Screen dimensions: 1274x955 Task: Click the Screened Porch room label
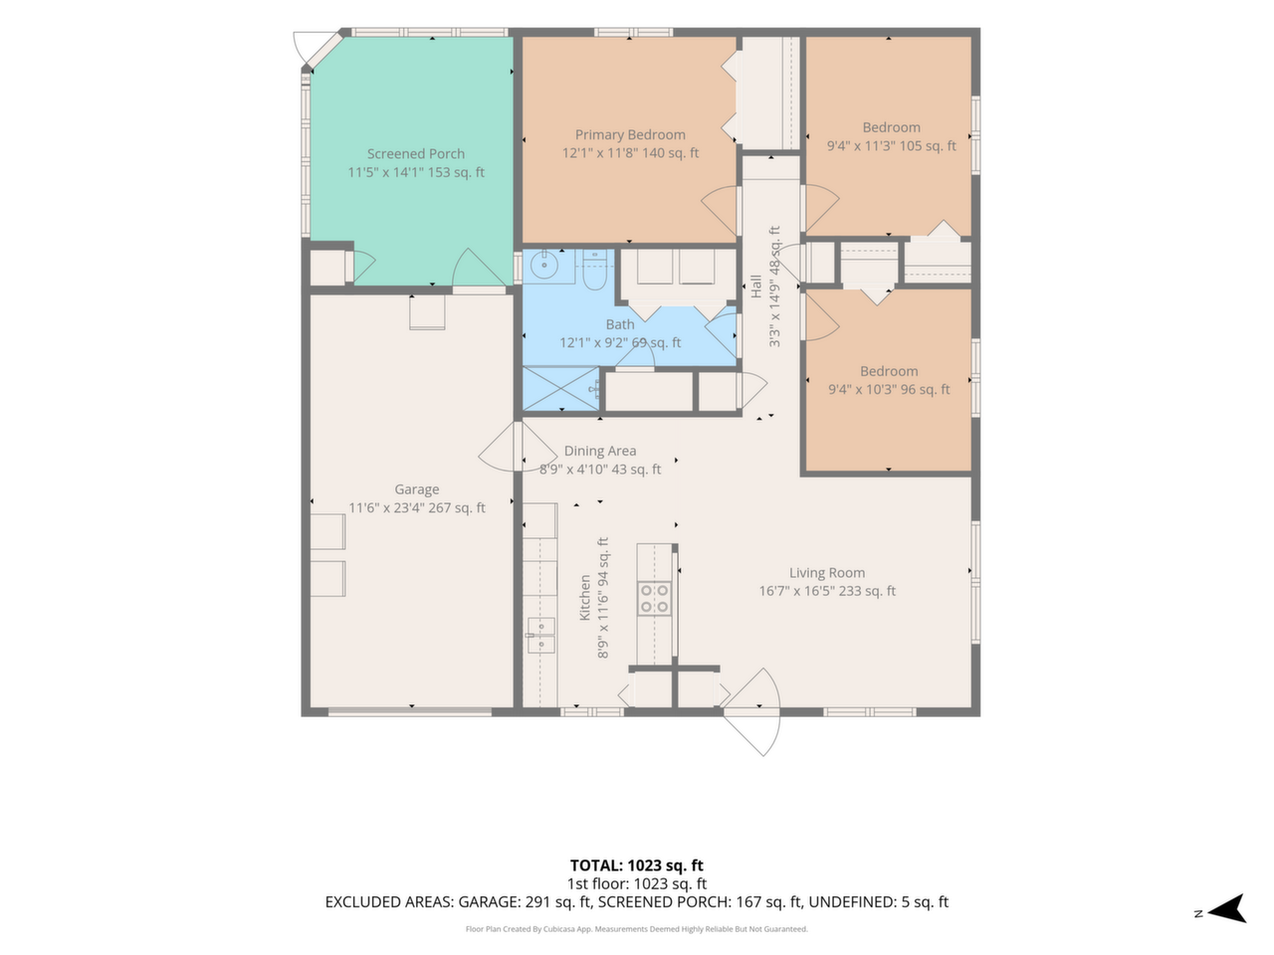point(416,153)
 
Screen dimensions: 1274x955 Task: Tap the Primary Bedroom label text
point(630,134)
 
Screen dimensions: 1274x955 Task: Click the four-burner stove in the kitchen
point(654,599)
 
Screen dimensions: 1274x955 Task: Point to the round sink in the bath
point(544,267)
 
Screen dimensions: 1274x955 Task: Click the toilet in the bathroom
point(594,269)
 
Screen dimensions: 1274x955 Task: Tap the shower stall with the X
point(560,389)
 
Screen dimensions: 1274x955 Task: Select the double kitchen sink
point(540,636)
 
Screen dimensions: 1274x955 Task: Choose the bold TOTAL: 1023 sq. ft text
point(636,865)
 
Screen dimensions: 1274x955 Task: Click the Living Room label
point(826,572)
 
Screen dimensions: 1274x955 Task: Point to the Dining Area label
point(599,451)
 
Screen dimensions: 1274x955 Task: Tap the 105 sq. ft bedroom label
point(891,136)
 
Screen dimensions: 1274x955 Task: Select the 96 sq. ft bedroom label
point(889,380)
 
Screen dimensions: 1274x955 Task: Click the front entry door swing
point(754,712)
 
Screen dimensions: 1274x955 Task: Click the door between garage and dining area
point(517,447)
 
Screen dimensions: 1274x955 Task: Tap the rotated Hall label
point(755,286)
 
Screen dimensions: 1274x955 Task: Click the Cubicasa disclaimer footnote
point(636,929)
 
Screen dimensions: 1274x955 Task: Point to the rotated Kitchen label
point(585,598)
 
